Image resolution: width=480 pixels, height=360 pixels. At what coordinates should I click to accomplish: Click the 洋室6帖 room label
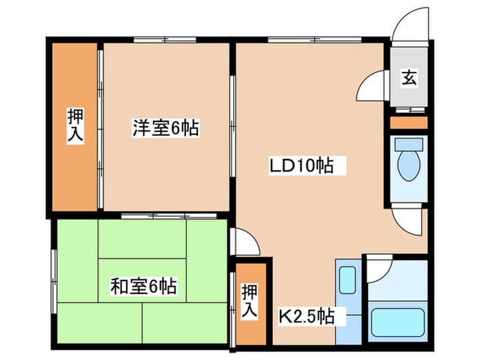pyautogui.click(x=165, y=128)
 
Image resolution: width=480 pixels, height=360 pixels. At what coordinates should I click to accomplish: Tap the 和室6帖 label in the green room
pyautogui.click(x=143, y=286)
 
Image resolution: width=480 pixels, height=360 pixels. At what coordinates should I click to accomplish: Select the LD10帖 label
pyautogui.click(x=301, y=165)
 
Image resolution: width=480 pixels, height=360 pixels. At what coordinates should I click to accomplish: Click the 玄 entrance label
pyautogui.click(x=409, y=78)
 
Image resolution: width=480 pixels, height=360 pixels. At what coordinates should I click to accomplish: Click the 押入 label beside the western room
pyautogui.click(x=75, y=125)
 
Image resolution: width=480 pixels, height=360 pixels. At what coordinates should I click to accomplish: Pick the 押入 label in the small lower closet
pyautogui.click(x=249, y=302)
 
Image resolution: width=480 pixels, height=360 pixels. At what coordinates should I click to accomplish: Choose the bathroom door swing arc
pyautogui.click(x=379, y=269)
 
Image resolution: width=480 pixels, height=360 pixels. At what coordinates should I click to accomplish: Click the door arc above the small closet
pyautogui.click(x=245, y=241)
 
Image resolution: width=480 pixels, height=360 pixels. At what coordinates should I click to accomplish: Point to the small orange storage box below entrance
pyautogui.click(x=409, y=123)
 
